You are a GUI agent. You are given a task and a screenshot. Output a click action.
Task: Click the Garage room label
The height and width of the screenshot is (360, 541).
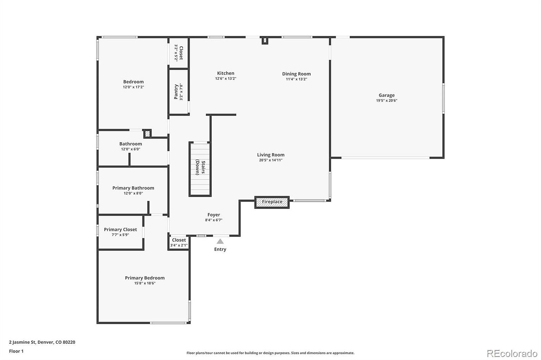click(386, 95)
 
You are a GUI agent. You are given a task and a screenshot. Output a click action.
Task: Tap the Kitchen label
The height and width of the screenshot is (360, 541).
click(225, 73)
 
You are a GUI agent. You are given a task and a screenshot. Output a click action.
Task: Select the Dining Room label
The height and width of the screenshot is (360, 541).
click(296, 74)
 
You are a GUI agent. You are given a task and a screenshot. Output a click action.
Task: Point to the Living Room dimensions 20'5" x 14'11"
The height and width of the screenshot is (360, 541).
click(270, 160)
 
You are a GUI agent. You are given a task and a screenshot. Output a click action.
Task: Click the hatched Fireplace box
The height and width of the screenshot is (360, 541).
click(272, 202)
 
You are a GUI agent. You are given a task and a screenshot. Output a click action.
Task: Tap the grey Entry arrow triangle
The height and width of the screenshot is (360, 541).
click(220, 241)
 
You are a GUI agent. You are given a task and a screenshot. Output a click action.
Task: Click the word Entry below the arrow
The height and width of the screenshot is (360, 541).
click(220, 249)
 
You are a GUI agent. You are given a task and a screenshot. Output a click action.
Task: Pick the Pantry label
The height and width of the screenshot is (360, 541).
click(176, 92)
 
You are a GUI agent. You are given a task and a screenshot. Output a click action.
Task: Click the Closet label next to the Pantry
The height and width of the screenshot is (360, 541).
click(181, 52)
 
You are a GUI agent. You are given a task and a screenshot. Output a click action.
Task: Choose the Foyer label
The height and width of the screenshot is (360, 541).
click(213, 215)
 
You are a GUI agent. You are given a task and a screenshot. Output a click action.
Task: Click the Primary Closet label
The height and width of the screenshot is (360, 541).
click(120, 229)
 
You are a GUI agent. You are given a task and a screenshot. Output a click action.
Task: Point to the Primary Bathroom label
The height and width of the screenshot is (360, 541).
click(133, 188)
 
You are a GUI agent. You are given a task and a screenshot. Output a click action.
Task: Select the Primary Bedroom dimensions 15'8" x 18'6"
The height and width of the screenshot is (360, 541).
click(145, 283)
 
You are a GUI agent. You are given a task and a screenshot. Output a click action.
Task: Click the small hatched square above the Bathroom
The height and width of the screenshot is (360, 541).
click(147, 134)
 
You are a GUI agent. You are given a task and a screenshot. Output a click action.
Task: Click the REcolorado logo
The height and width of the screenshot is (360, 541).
click(512, 353)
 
